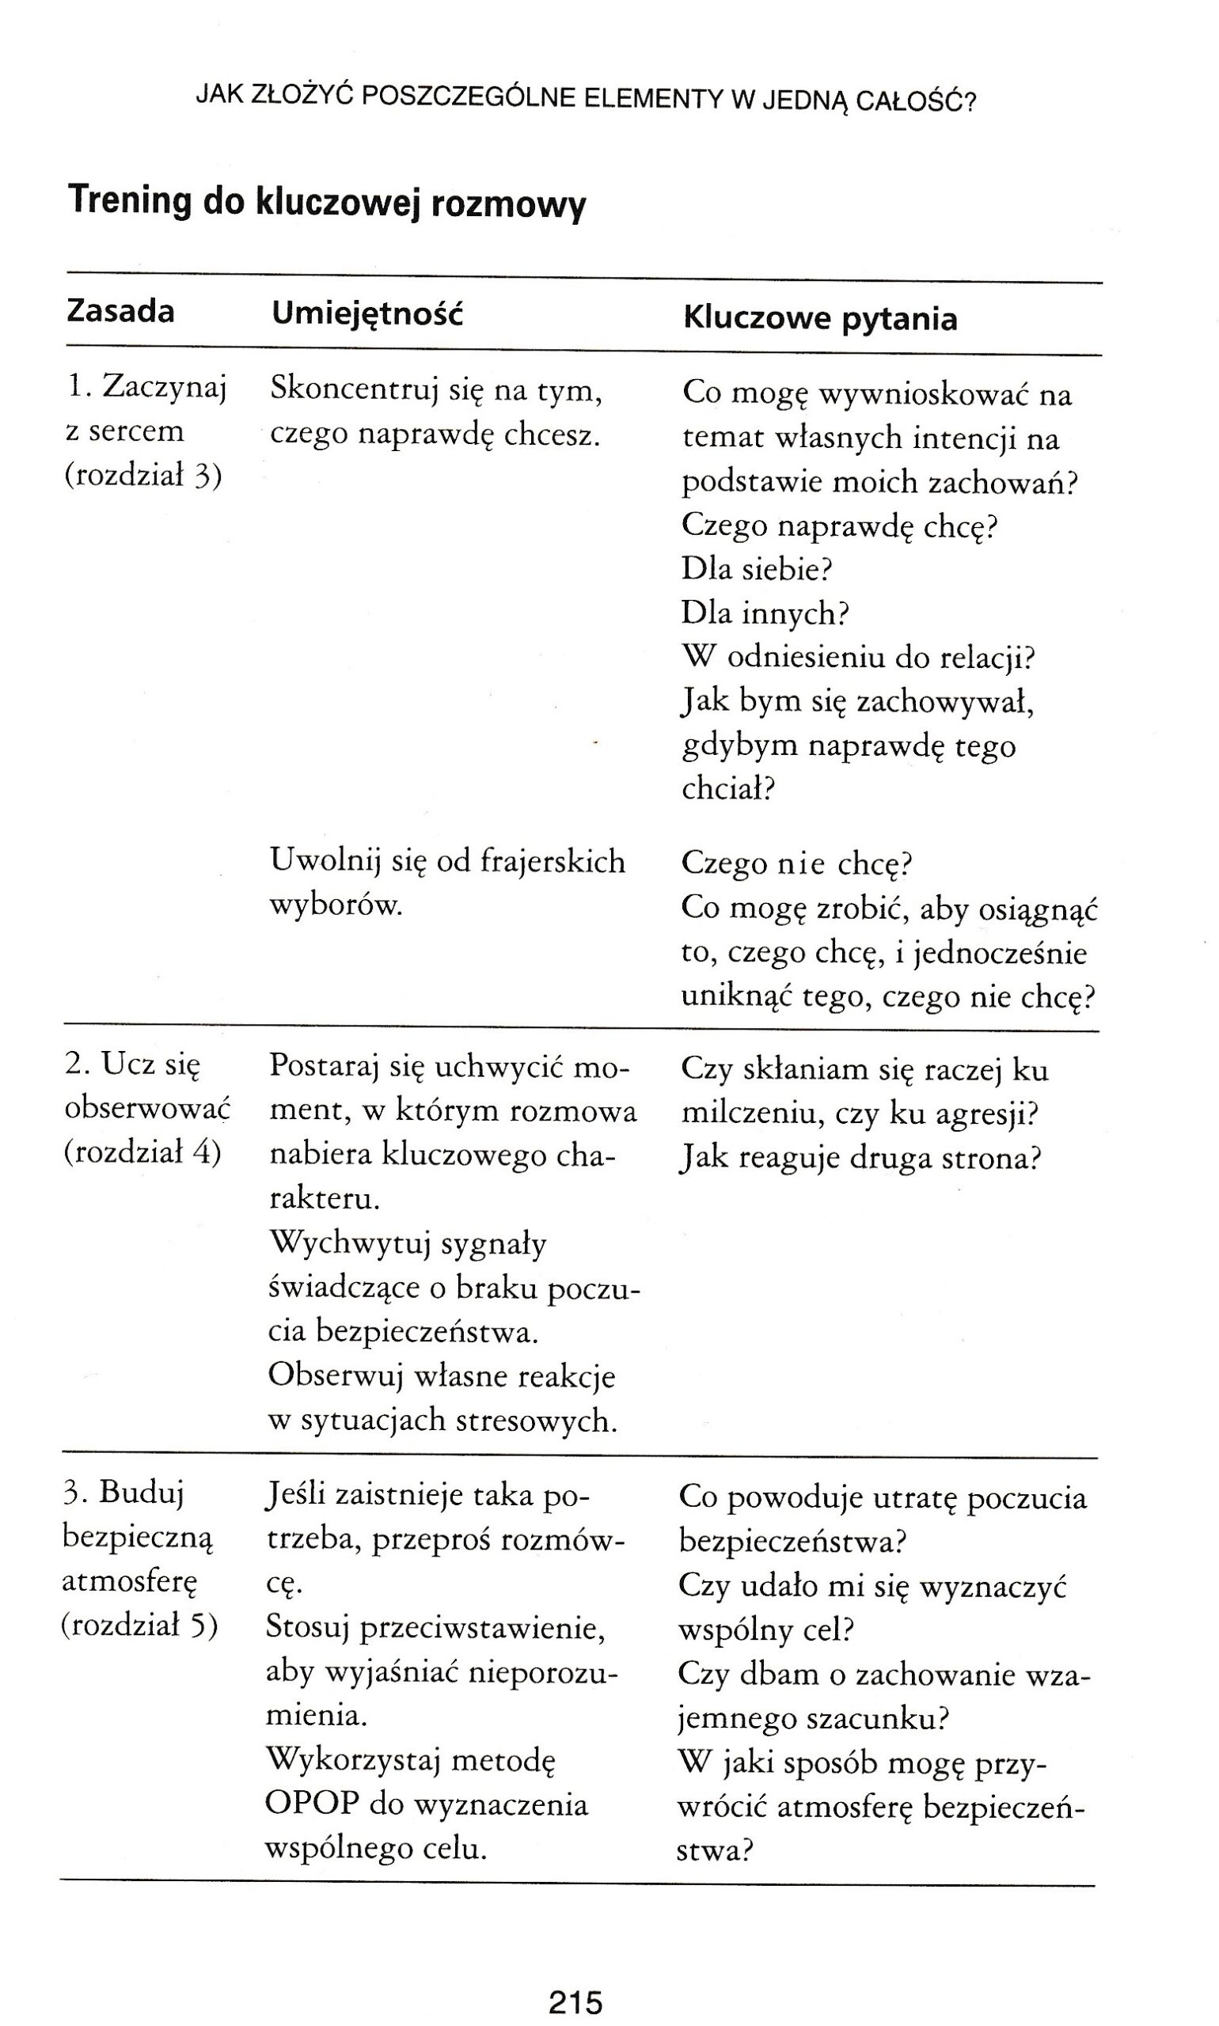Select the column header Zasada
(120, 312)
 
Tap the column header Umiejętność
(367, 313)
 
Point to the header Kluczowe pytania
(820, 319)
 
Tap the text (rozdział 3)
(143, 476)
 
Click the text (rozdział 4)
(142, 1153)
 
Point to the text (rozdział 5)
(139, 1625)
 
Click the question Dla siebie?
(757, 568)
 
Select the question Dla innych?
(765, 613)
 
